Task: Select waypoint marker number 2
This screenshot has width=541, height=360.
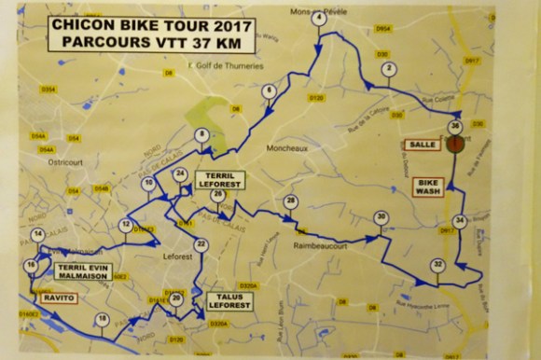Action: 386,69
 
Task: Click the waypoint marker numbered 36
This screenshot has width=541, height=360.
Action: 454,126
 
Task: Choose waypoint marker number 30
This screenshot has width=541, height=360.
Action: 381,218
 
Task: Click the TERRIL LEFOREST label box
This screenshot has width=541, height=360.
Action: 220,181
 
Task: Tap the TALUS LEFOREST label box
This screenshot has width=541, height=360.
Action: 226,300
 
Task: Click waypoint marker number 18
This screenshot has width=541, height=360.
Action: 103,320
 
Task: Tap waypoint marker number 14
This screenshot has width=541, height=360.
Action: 38,234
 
